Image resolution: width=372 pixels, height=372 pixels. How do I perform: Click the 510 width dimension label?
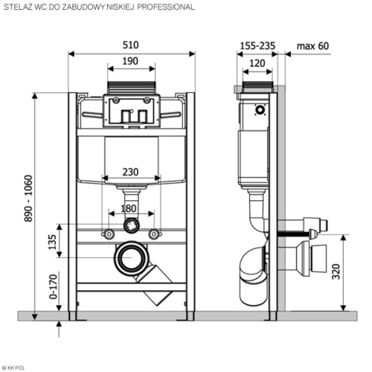pos(131,45)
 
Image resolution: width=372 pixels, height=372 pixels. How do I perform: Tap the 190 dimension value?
pos(130,61)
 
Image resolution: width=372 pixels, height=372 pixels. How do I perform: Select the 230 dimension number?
pos(130,172)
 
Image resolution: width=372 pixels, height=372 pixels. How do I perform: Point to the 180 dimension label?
pos(129,208)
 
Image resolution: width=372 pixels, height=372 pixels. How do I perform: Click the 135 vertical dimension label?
pos(53,242)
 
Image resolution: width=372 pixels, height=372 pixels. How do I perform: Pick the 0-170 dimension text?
pos(54,286)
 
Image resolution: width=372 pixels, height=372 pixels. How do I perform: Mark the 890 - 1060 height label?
pos(28,199)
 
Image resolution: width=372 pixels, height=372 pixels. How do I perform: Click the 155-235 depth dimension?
pos(257,46)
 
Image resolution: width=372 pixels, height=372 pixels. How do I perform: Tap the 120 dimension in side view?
pos(257,63)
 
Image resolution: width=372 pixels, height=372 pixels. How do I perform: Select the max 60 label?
pos(312,46)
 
